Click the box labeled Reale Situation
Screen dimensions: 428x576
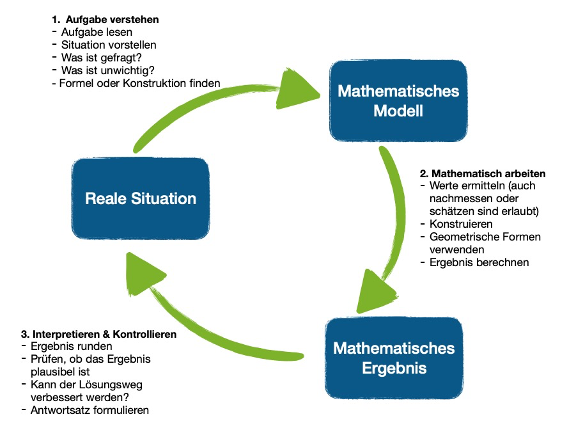click(141, 198)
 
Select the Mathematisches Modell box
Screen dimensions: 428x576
click(398, 101)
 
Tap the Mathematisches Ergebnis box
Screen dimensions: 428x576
click(394, 358)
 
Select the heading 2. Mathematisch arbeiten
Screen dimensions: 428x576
click(482, 173)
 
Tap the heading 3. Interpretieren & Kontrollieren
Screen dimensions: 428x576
click(98, 334)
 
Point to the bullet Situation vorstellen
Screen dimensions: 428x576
click(109, 45)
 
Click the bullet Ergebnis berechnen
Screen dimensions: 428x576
click(479, 262)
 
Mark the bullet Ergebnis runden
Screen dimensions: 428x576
click(72, 347)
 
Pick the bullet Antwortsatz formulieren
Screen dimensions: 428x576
click(90, 409)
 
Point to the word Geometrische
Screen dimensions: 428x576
click(461, 237)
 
